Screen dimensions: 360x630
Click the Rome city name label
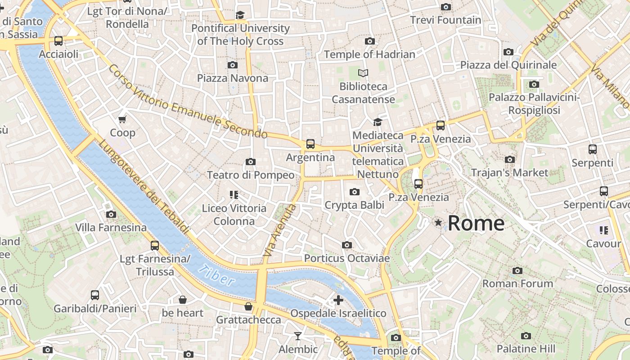point(476,223)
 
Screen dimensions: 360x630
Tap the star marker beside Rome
point(438,222)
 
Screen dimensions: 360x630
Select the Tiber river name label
point(216,275)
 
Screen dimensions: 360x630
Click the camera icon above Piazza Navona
point(232,65)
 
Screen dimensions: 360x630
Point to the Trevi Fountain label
point(445,20)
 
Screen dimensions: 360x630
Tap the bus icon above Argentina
point(310,144)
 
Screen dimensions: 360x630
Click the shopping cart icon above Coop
point(122,119)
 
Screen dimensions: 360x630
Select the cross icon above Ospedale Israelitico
point(338,300)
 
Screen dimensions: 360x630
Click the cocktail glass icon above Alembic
point(297,336)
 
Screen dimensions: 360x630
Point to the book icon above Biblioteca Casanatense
point(363,73)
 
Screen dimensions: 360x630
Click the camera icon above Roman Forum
point(517,270)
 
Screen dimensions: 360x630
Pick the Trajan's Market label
point(509,172)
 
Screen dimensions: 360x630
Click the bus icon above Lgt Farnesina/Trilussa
point(155,246)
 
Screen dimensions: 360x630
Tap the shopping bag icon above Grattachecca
point(248,307)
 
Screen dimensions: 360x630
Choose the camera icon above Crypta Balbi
point(354,192)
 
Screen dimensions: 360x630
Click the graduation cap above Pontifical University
point(240,15)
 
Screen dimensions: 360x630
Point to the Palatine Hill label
point(526,349)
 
